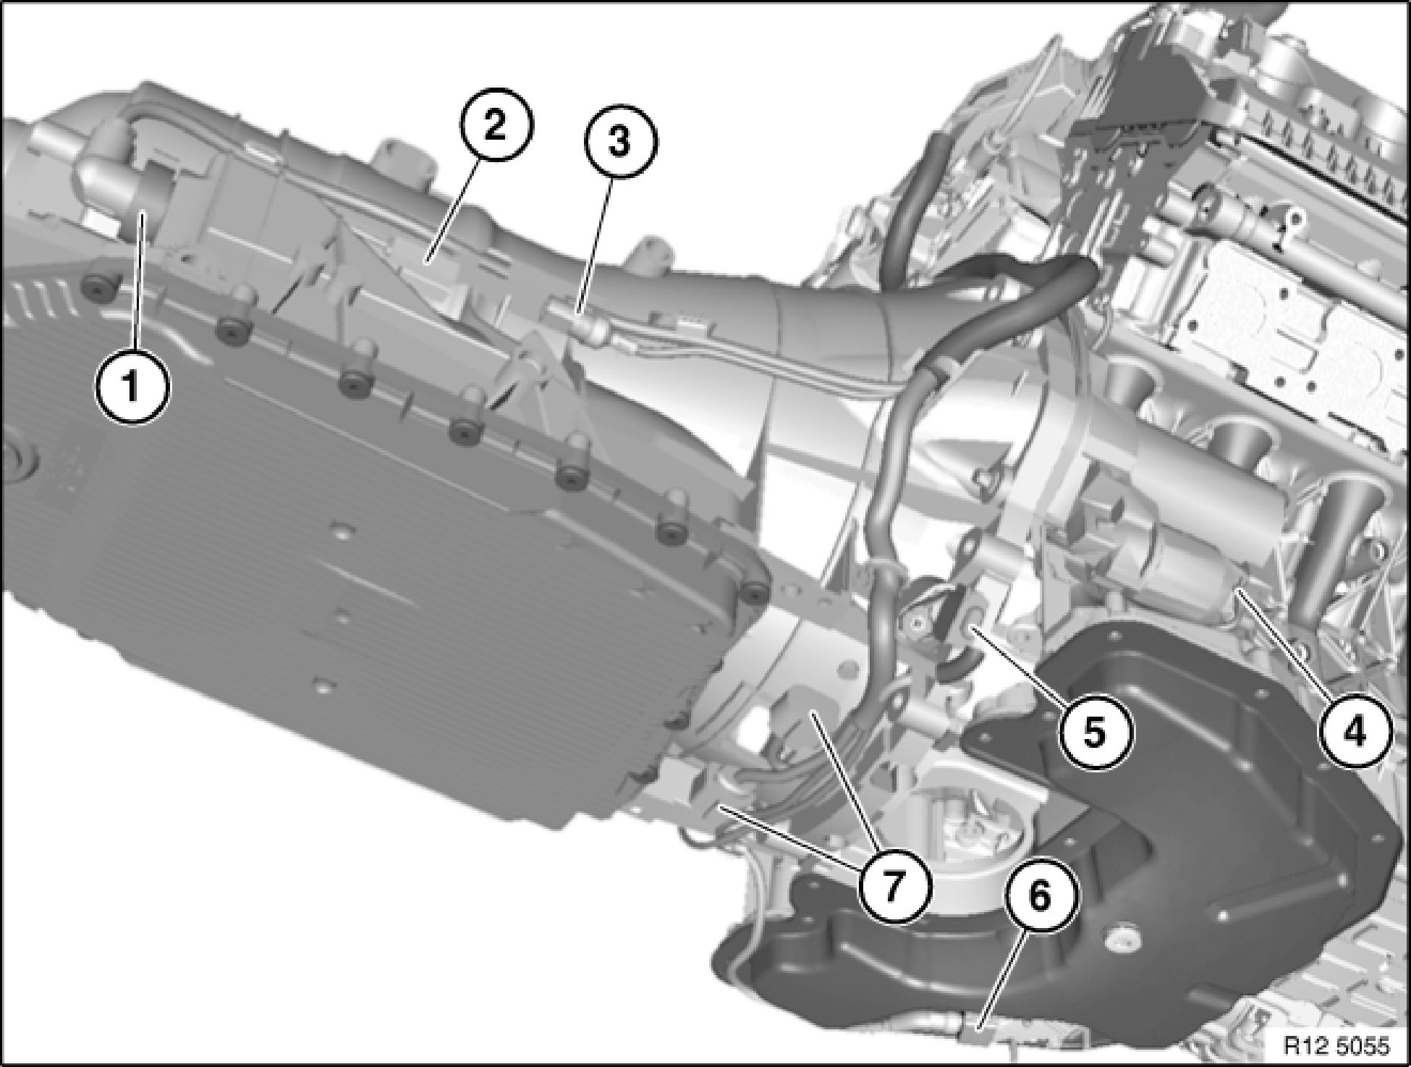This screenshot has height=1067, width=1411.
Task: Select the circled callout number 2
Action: pyautogui.click(x=496, y=128)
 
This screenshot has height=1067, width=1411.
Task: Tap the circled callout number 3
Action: pyautogui.click(x=619, y=143)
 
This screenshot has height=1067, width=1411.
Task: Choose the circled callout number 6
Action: pyautogui.click(x=1038, y=899)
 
